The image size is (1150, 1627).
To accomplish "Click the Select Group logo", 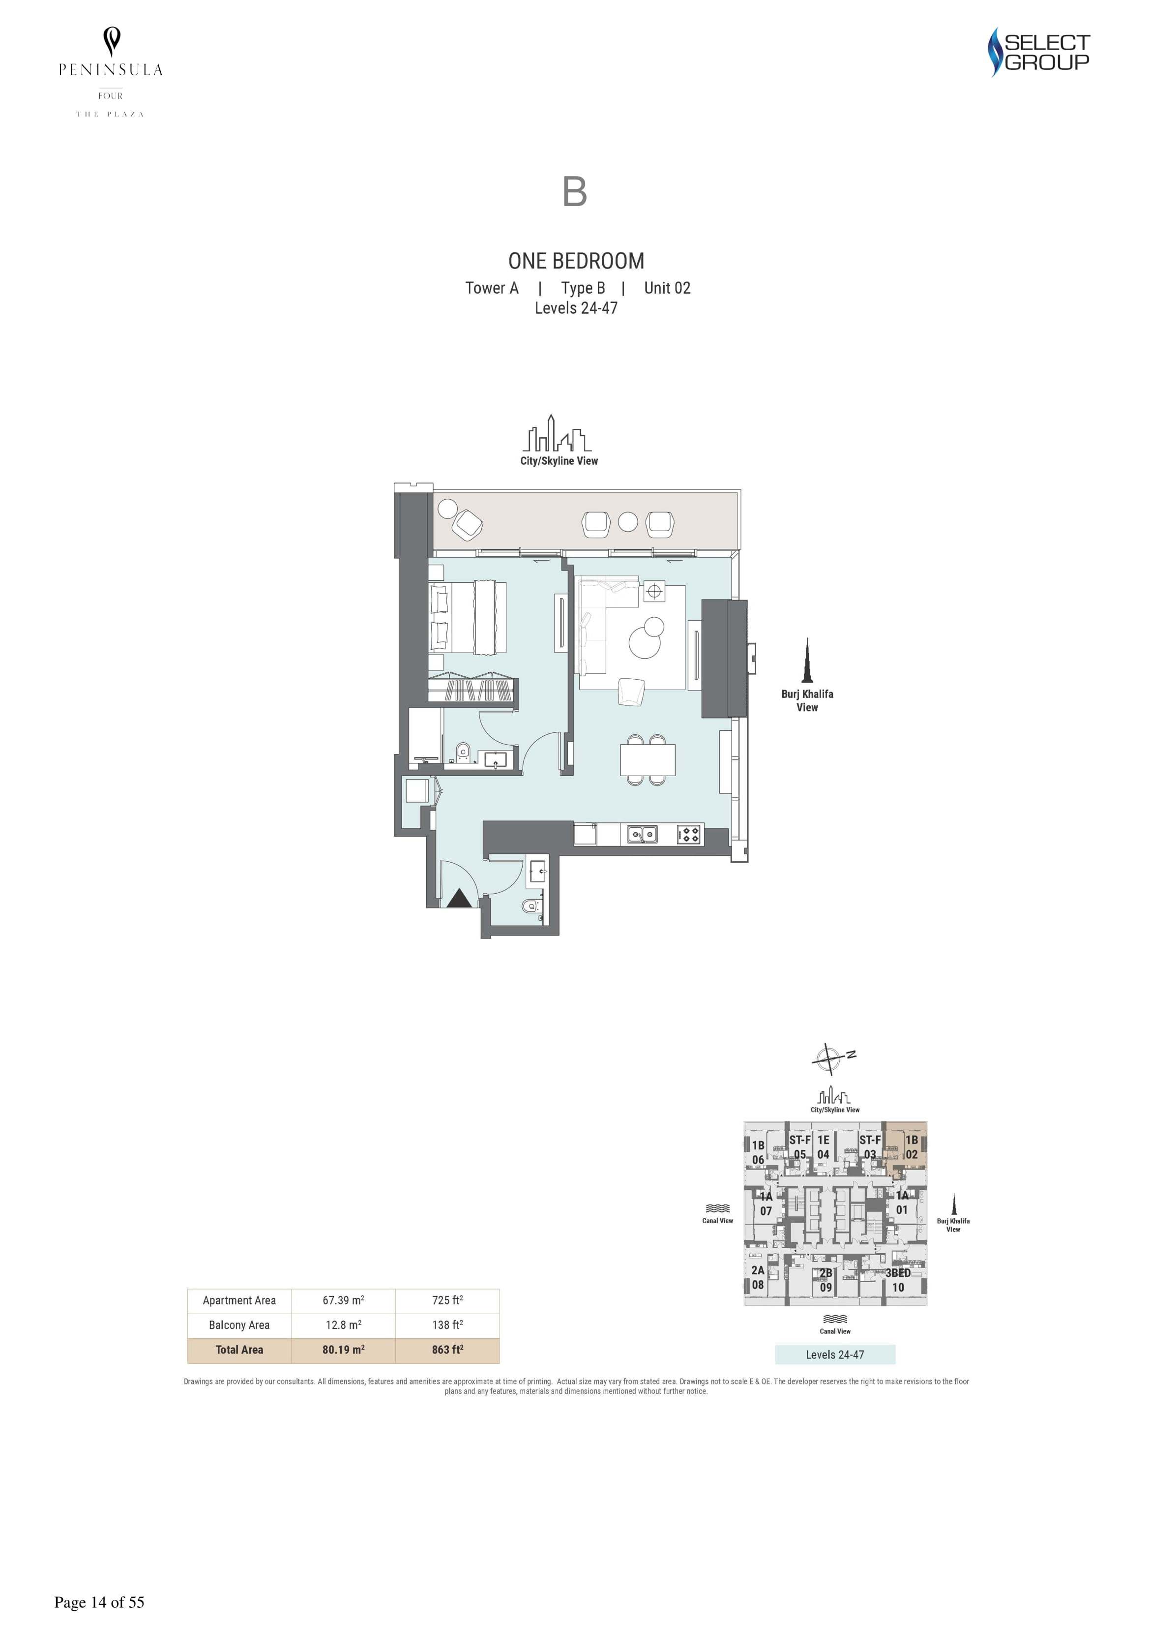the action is point(1039,52).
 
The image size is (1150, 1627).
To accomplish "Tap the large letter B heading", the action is point(575,191).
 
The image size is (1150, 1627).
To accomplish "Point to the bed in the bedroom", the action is point(468,616).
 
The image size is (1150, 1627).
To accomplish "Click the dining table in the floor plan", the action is point(648,760).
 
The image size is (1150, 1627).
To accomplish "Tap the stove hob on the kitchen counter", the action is point(689,835).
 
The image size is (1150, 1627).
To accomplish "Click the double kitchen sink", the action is point(642,835).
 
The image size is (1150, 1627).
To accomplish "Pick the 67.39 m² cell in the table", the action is point(344,1300).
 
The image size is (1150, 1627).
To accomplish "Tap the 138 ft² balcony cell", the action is point(448,1325).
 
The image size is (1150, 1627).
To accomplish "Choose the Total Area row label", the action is point(239,1350).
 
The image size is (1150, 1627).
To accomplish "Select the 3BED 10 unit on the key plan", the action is point(898,1280).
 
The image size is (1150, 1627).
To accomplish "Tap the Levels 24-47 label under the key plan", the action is point(835,1355).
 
